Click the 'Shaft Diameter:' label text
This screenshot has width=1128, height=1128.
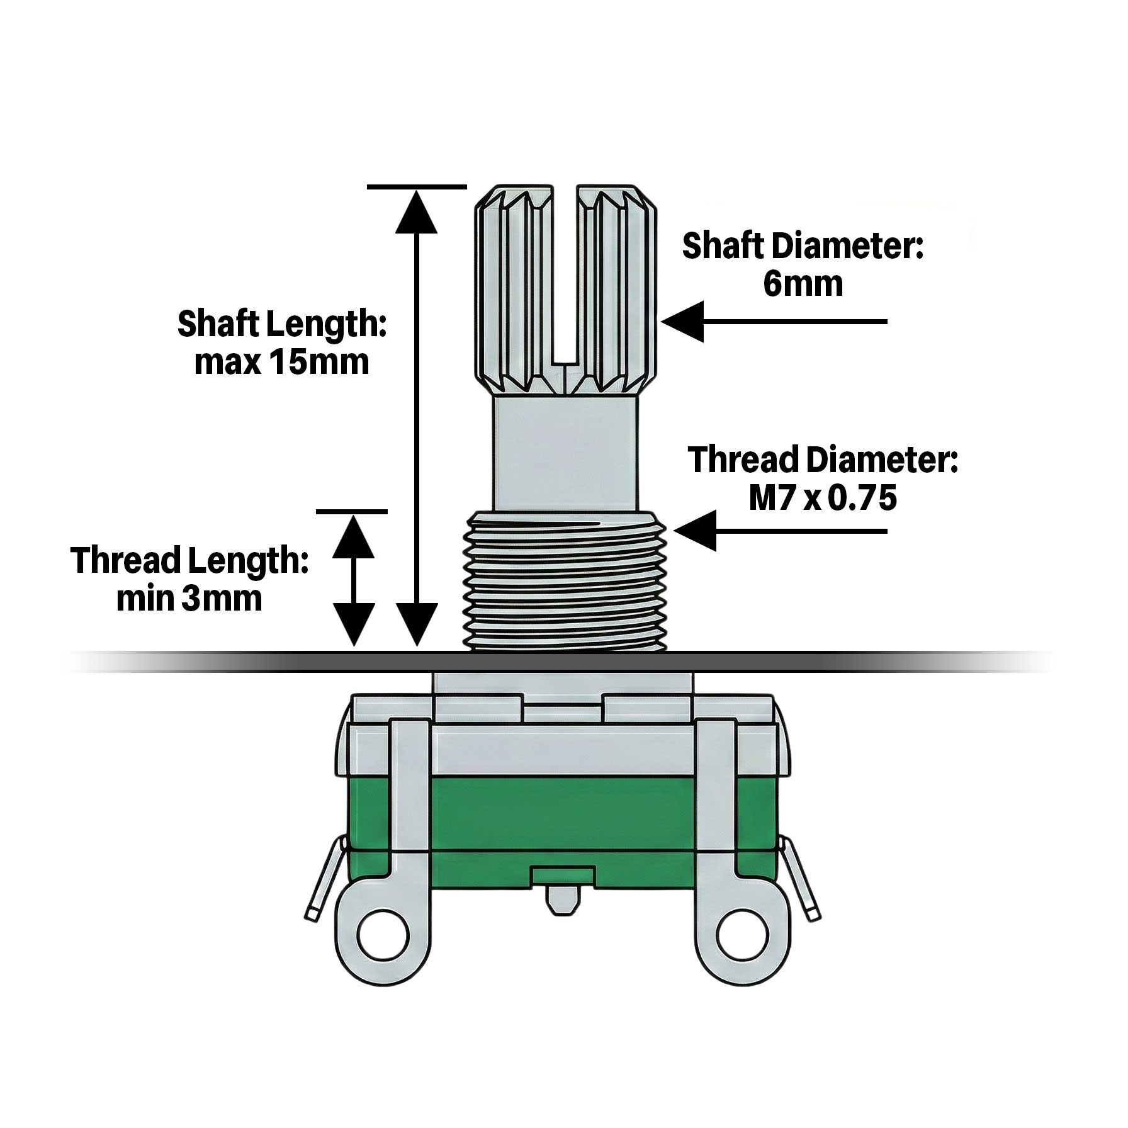[x=803, y=246]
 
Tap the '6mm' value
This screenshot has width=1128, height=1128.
[x=803, y=285]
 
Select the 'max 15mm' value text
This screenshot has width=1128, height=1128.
[x=281, y=363]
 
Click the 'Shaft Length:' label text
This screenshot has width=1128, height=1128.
[x=281, y=325]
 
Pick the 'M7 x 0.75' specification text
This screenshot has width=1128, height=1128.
[x=822, y=499]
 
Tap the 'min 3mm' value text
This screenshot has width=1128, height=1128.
[x=189, y=599]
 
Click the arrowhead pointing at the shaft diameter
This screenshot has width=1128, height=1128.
[x=683, y=322]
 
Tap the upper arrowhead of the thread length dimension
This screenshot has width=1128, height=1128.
[x=353, y=536]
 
